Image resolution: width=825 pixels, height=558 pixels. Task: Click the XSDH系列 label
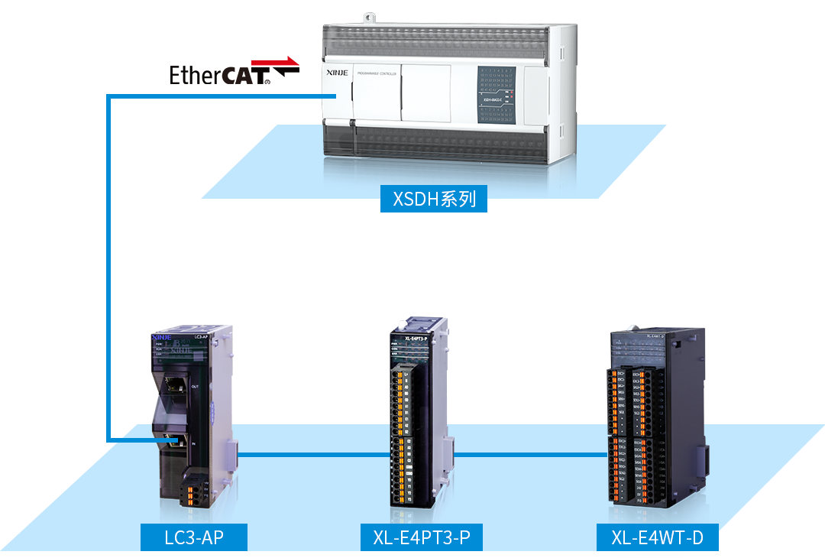pyautogui.click(x=434, y=200)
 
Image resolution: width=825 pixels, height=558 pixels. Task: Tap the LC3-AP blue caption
pyautogui.click(x=194, y=537)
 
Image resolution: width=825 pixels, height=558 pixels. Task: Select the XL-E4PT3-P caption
pyautogui.click(x=422, y=537)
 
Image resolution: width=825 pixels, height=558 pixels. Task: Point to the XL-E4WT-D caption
pyautogui.click(x=657, y=537)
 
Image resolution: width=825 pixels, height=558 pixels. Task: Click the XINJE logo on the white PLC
pyautogui.click(x=337, y=73)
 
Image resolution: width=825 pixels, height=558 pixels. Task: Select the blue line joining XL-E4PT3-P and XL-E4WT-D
pyautogui.click(x=527, y=454)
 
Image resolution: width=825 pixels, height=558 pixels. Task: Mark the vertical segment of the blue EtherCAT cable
pyautogui.click(x=109, y=268)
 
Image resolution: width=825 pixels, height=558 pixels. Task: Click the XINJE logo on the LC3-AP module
pyautogui.click(x=162, y=336)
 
